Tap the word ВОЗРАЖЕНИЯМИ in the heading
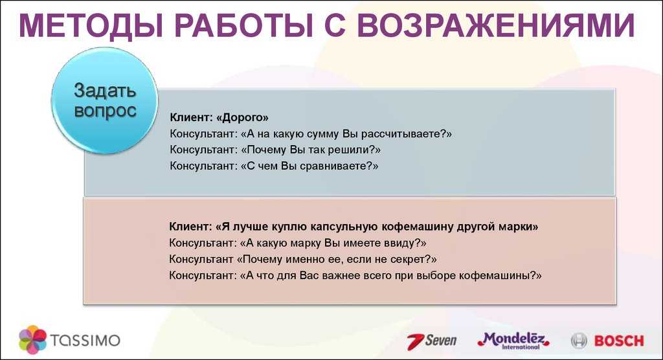tap(495, 25)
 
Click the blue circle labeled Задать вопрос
tap(105, 100)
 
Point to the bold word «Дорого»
tap(242, 118)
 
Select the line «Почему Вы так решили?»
tap(311, 150)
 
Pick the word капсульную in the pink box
tap(344, 227)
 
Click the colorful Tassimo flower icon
tap(32, 339)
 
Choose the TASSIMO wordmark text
tap(85, 340)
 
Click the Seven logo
tap(432, 341)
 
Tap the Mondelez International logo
tap(513, 341)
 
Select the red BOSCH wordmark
tap(619, 341)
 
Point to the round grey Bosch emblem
tap(579, 341)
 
